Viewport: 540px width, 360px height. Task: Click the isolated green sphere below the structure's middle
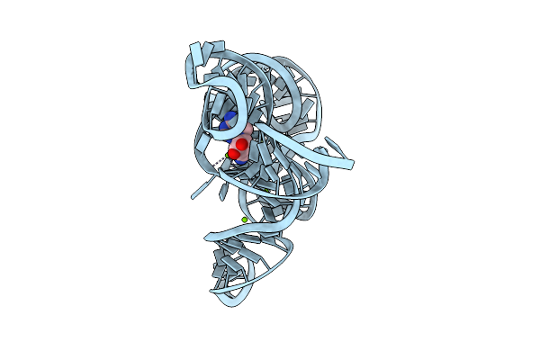[244, 219]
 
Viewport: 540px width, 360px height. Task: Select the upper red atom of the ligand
[242, 144]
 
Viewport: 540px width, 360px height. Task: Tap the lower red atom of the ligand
[233, 154]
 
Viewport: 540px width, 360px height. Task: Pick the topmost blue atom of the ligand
[230, 116]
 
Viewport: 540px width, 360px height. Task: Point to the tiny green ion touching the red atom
[227, 155]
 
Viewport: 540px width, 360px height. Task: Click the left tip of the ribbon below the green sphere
[206, 236]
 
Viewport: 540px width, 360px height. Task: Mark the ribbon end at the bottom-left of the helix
[212, 290]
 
